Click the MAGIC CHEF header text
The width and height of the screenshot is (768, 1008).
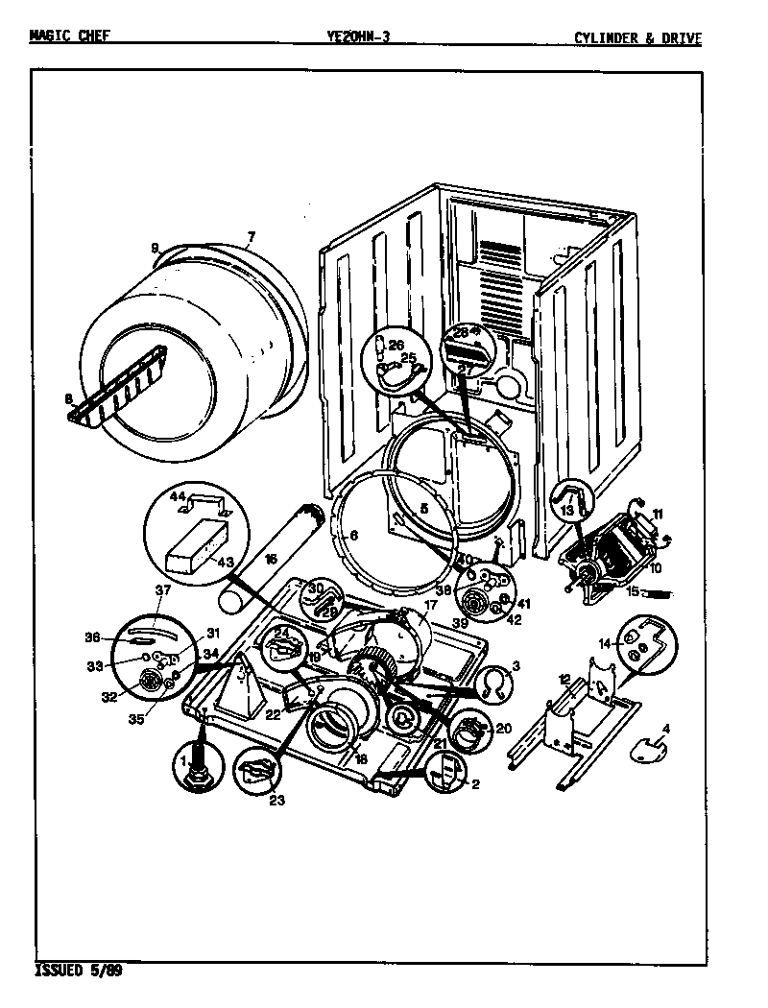[x=70, y=37]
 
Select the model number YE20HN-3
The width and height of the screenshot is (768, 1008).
[x=358, y=37]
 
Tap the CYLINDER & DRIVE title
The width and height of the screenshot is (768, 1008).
[x=637, y=38]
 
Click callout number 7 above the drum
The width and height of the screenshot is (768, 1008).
[x=251, y=236]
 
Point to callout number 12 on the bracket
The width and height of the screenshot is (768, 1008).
[x=564, y=679]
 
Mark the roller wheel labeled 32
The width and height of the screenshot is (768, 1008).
[x=151, y=682]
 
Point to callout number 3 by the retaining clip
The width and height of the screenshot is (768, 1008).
[x=516, y=665]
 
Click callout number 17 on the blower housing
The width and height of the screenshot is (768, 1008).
[x=431, y=607]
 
